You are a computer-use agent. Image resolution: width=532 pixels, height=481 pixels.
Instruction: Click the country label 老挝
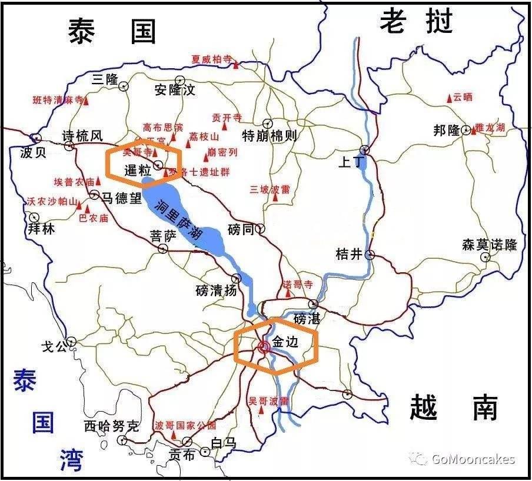click(x=416, y=23)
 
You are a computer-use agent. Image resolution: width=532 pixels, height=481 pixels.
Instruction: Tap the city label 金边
click(x=287, y=342)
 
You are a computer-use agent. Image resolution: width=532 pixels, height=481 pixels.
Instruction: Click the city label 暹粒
click(x=138, y=171)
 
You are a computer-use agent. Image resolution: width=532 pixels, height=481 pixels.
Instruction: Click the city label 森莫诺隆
click(x=489, y=245)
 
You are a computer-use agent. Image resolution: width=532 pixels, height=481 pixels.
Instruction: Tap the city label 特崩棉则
click(x=270, y=136)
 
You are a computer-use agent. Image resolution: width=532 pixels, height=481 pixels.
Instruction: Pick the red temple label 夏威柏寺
click(x=211, y=59)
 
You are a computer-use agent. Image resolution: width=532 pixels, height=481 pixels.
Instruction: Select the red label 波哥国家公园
click(x=185, y=425)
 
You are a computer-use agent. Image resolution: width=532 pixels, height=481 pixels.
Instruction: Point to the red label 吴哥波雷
click(x=268, y=401)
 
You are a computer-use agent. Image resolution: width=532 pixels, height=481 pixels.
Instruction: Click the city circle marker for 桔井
click(x=370, y=255)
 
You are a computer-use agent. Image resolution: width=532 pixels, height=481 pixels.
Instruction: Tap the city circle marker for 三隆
click(x=124, y=86)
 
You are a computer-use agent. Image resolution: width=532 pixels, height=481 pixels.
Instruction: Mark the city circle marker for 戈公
click(x=71, y=341)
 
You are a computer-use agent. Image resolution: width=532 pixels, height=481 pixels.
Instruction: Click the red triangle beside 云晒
click(x=449, y=98)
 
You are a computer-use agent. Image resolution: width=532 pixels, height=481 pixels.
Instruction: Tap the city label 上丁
click(x=351, y=162)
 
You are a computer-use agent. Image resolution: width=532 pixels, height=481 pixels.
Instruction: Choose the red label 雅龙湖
click(x=490, y=127)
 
